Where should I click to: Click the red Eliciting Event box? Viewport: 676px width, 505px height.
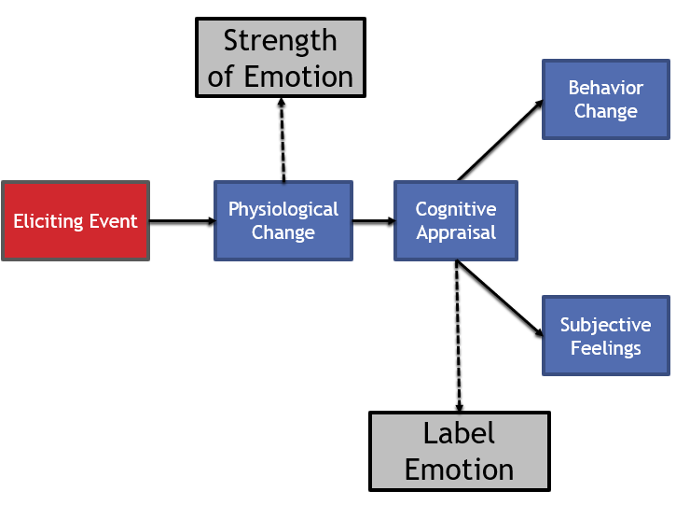click(76, 221)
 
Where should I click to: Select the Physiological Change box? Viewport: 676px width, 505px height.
click(283, 221)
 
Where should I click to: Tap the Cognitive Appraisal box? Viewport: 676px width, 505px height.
click(456, 221)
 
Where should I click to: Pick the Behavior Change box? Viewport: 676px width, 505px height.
click(605, 100)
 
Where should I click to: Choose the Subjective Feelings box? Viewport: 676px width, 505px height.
click(605, 337)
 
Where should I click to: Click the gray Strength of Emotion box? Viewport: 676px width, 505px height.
click(280, 57)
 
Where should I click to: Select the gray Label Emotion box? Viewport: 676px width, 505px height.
click(460, 451)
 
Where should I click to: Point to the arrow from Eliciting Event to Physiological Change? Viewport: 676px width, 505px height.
click(182, 221)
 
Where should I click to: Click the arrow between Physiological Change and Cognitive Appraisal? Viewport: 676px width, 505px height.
click(373, 221)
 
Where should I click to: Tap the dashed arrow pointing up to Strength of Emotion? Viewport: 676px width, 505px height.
click(282, 140)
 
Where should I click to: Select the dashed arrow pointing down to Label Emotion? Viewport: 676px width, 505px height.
click(458, 336)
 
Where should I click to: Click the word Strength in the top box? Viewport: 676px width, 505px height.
click(280, 41)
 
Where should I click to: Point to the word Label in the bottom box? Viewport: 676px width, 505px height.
click(459, 433)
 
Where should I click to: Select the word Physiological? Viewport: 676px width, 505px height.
click(283, 209)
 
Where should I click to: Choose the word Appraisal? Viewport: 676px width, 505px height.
click(456, 233)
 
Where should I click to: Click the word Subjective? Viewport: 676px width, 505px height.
click(605, 325)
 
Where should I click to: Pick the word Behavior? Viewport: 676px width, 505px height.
click(605, 88)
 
